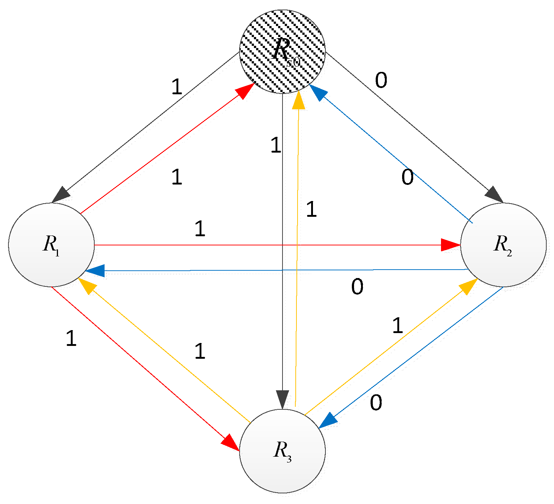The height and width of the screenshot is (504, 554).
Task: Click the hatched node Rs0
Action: [x=282, y=51]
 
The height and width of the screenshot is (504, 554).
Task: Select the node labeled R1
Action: [x=51, y=245]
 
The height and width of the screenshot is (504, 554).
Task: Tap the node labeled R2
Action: [x=503, y=245]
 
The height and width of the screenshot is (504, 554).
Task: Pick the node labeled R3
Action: [x=282, y=451]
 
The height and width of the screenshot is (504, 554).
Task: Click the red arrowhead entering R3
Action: [x=230, y=442]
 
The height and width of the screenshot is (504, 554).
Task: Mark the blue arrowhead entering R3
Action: [x=328, y=420]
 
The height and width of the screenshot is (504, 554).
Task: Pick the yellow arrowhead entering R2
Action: [x=468, y=286]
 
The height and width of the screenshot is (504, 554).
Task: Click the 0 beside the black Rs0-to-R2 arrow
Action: [x=381, y=80]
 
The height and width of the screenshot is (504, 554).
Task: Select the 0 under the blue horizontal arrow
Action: [x=357, y=287]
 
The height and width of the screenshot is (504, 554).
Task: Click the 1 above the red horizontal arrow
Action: [x=200, y=229]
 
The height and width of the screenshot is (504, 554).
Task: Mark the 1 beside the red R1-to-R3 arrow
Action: [x=71, y=338]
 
